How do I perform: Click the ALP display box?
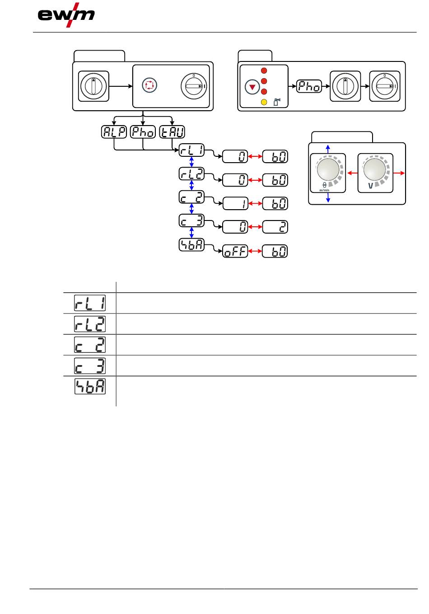[x=114, y=132]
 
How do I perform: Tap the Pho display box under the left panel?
[x=143, y=132]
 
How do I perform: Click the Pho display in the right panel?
[x=309, y=86]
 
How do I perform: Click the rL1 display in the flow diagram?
[x=191, y=150]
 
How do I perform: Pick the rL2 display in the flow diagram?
[x=191, y=174]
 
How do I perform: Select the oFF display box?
[x=235, y=252]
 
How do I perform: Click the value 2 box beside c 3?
[x=275, y=227]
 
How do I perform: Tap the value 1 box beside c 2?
[x=235, y=204]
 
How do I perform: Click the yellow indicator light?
[x=264, y=102]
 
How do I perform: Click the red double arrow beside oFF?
[x=255, y=252]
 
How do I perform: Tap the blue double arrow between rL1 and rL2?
[x=191, y=162]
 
